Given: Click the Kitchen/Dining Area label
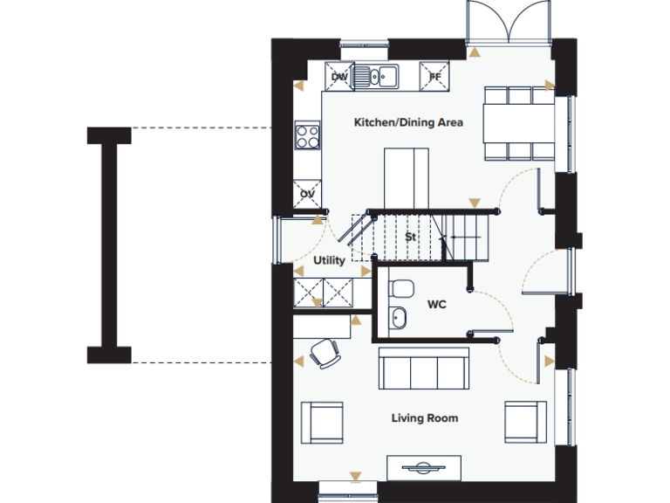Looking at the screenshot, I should pos(407,122).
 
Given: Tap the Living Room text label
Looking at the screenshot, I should pos(424,418).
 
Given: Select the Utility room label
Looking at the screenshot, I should pos(329,260).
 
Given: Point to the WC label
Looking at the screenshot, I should pos(437,305).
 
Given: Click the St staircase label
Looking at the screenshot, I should pos(410,237).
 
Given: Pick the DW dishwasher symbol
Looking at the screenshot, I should pos(339,77).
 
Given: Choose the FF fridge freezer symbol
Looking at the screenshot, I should pos(434,77).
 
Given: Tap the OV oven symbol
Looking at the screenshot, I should pos(307,194).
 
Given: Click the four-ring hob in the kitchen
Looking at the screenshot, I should pos(307,136).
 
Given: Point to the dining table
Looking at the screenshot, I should pos(519,123).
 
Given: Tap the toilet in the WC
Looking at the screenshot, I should pos(400,287).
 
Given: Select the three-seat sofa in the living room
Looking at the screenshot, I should pos(423,368).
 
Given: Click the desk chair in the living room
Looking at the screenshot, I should pos(325,353).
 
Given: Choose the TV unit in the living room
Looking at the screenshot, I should pos(424,467).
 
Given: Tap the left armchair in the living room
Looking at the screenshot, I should pos(322,422).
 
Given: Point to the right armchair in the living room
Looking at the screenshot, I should pos(525,422).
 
